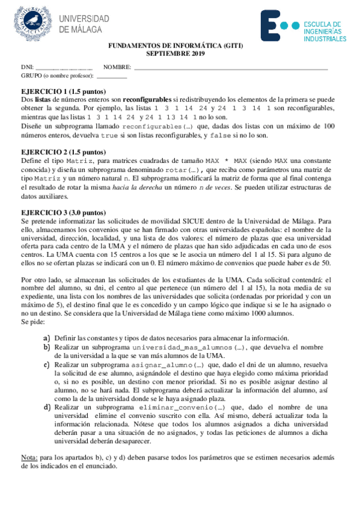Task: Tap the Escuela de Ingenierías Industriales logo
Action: (x=303, y=27)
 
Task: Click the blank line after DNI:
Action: (x=64, y=67)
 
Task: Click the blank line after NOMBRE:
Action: (x=231, y=67)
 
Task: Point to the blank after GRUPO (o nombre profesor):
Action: (x=112, y=76)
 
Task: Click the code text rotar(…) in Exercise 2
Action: (x=183, y=170)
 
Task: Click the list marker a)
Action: (x=46, y=339)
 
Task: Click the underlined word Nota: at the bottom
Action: (x=29, y=458)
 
